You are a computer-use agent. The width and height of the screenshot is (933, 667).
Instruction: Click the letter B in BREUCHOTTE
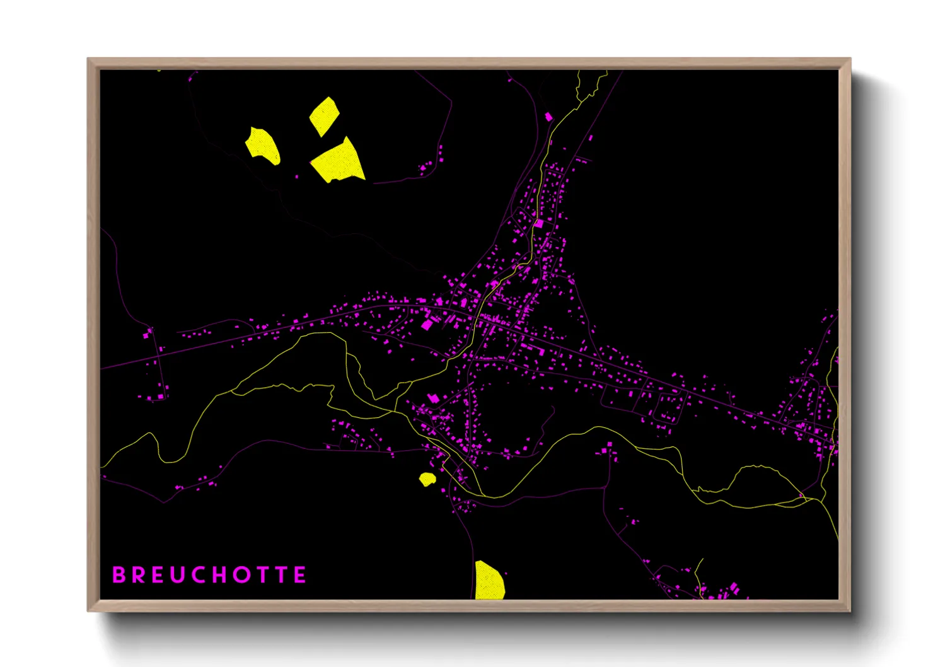(x=119, y=575)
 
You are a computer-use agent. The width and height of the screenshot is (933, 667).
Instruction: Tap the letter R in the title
(x=138, y=575)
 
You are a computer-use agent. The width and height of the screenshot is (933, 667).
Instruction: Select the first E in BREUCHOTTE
(x=158, y=575)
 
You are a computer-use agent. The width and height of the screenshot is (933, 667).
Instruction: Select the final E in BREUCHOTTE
(x=300, y=575)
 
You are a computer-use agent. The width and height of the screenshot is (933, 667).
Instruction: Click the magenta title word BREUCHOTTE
(x=209, y=575)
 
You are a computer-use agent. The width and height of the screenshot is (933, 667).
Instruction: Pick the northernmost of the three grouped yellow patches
(x=324, y=115)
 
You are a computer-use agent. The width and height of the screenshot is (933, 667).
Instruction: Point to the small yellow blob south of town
(x=427, y=480)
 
